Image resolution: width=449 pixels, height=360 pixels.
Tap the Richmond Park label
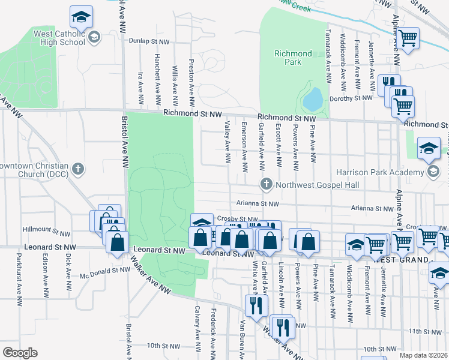[x=293, y=58]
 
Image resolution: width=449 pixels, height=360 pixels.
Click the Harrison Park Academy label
[x=388, y=173]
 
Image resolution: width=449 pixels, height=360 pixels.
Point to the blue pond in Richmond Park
[x=313, y=99]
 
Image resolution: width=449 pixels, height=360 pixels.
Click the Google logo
[x=19, y=353]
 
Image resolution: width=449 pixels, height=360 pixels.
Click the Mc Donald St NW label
[x=105, y=270]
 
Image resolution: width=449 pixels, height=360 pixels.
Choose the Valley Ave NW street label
[x=228, y=142]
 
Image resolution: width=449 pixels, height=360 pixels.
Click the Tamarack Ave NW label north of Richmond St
[x=329, y=58]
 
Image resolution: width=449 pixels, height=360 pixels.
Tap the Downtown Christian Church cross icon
[x=77, y=169]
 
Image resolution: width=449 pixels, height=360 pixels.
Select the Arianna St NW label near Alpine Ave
[x=373, y=209]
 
